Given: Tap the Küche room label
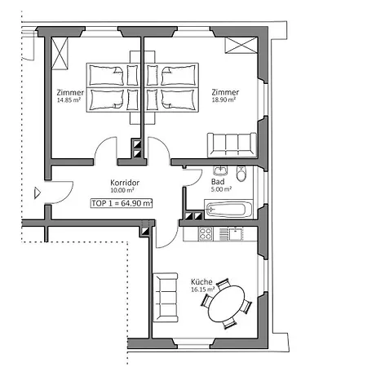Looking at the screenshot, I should (201, 281).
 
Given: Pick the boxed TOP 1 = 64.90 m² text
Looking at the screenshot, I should (122, 203).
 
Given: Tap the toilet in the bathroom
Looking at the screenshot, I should (241, 174).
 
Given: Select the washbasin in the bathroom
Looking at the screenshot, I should (219, 170).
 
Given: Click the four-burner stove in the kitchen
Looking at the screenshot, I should (206, 235).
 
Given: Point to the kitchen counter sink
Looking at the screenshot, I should (235, 235).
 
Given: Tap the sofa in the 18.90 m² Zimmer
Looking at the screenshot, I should (232, 144).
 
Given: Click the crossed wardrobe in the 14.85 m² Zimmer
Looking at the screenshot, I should (60, 53).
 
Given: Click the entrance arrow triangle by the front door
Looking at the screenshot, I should (37, 193).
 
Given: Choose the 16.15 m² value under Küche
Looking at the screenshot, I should (202, 289).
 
